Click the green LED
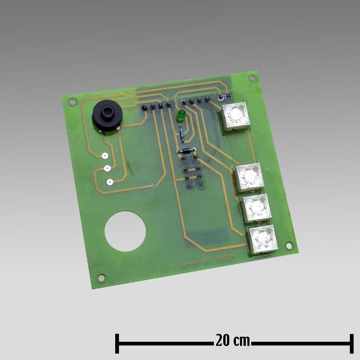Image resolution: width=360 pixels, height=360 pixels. pyautogui.click(x=180, y=115)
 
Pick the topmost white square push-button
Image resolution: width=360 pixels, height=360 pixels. pyautogui.click(x=235, y=116)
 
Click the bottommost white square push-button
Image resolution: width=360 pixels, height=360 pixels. pyautogui.click(x=263, y=240)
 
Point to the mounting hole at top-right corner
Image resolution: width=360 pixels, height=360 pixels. pyautogui.click(x=252, y=78)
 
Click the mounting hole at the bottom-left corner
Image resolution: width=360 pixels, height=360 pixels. pyautogui.click(x=101, y=277)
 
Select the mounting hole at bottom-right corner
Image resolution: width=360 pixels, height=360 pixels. pyautogui.click(x=289, y=245)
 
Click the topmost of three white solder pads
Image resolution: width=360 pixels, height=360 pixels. pyautogui.click(x=104, y=155)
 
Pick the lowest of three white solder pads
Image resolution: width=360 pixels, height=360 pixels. pyautogui.click(x=110, y=182)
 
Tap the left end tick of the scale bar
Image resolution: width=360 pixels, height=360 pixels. pyautogui.click(x=117, y=343)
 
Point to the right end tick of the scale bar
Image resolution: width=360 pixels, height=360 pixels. pyautogui.click(x=351, y=343)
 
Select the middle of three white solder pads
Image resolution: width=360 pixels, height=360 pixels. pyautogui.click(x=107, y=169)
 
